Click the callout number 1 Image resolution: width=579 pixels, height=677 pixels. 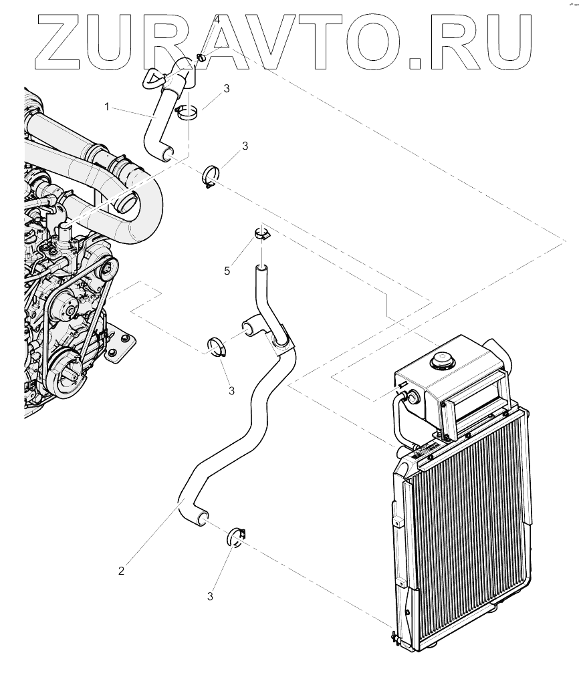pos(106,106)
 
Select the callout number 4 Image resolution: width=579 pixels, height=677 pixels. pos(217,21)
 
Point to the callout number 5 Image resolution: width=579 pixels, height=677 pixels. pos(227,270)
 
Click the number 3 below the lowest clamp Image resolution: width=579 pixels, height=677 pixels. pos(210,595)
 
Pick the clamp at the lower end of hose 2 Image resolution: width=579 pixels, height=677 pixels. pos(237,536)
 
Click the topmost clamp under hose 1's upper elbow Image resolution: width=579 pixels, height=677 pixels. pos(186,112)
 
